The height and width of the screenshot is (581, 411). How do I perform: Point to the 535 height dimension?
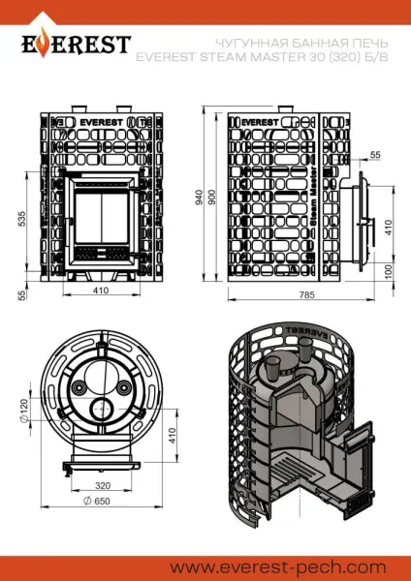(21, 220)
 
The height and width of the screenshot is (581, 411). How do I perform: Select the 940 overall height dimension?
(199, 199)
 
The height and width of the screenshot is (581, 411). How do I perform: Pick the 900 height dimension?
(212, 199)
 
